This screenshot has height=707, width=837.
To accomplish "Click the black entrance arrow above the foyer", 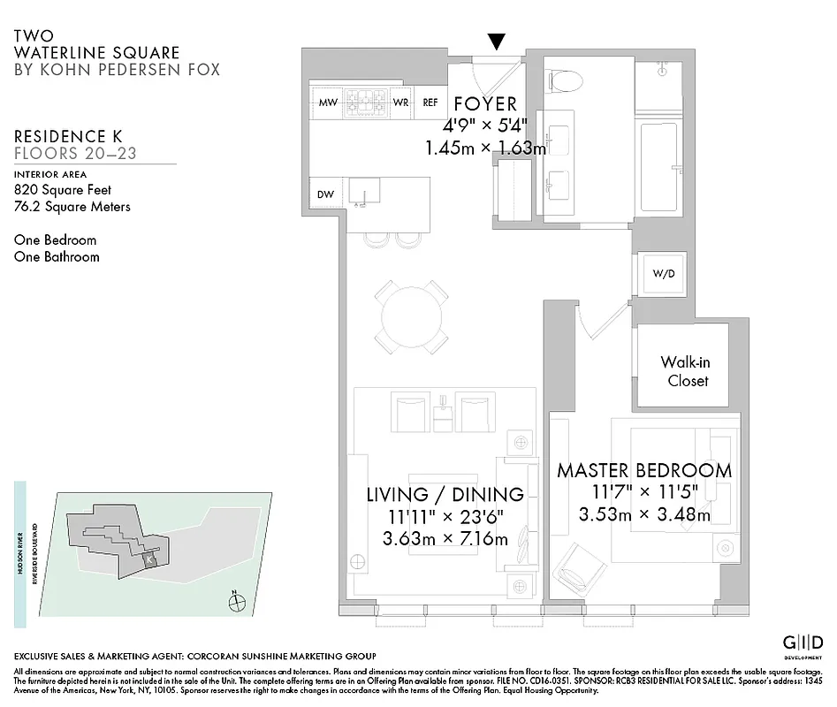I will [498, 42].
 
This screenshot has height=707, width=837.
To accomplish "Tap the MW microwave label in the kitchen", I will [328, 103].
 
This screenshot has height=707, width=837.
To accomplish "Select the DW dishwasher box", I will [325, 194].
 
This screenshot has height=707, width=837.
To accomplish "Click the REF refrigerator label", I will [430, 103].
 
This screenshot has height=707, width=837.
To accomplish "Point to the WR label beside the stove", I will [400, 103].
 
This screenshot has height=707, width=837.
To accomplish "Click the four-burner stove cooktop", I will [365, 102].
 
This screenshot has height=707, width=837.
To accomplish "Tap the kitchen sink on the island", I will [363, 191].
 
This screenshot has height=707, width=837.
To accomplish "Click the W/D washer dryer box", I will [663, 273].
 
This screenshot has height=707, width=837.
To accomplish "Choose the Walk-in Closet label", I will [684, 371].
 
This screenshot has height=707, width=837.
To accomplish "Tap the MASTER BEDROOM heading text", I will [643, 470].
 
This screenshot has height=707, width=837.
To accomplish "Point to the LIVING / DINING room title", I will [445, 494].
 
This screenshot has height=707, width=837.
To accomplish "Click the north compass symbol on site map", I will [236, 604].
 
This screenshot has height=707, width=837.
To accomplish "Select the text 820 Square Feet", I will [62, 189].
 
